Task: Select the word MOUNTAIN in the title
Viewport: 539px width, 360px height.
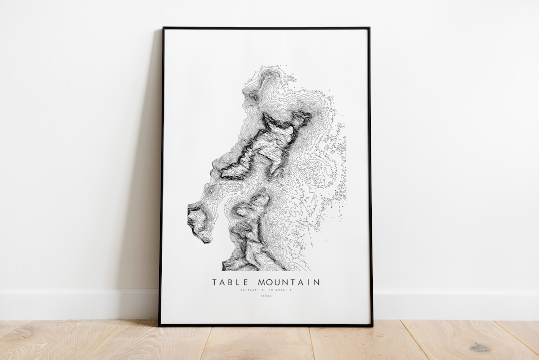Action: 288,283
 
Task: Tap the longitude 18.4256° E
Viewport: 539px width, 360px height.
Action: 279,290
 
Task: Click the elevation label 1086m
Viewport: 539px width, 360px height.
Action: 266,297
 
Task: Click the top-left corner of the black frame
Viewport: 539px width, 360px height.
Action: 163,28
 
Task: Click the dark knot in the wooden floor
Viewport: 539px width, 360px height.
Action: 480,347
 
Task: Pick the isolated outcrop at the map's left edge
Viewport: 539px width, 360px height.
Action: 197,222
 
